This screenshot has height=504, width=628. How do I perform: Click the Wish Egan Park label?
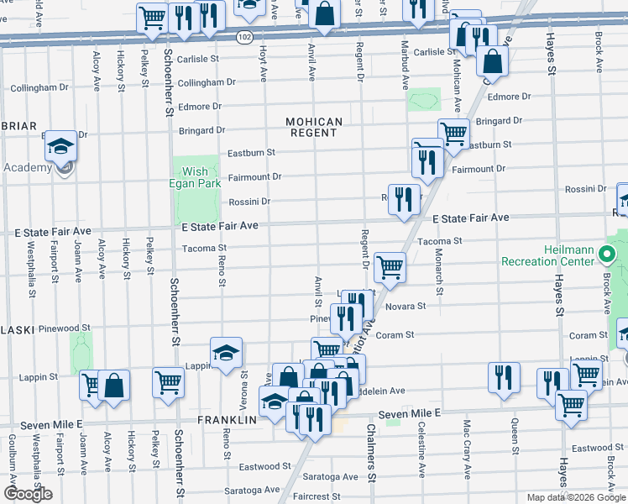[195, 177]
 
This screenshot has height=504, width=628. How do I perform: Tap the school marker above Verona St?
[226, 353]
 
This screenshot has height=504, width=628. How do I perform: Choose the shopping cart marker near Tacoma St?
[390, 267]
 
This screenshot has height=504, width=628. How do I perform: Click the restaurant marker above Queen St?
[503, 377]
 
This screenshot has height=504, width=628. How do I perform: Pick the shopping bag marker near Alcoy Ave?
[114, 385]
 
